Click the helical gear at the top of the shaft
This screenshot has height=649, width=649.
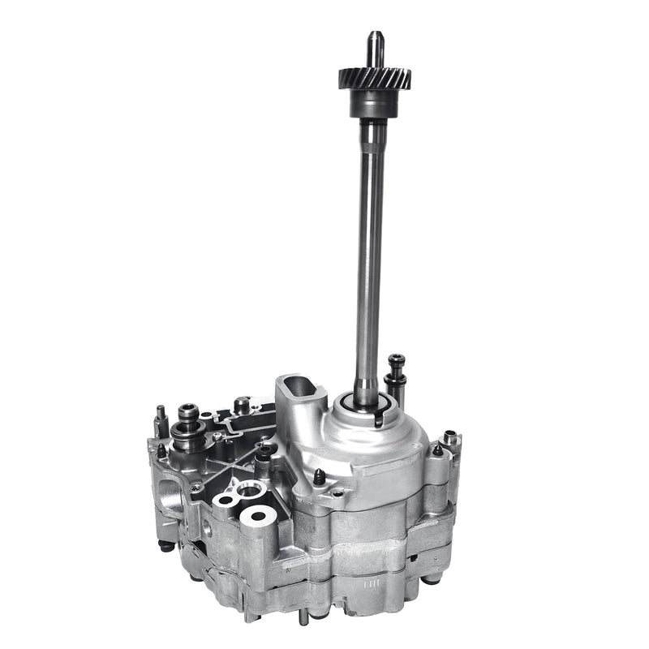tap(374, 79)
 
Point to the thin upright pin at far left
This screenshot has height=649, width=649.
tap(161, 420)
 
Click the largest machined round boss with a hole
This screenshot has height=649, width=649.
tap(259, 514)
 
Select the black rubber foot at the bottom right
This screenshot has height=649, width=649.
tap(433, 577)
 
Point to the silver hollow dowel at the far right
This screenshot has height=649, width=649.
tap(453, 442)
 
